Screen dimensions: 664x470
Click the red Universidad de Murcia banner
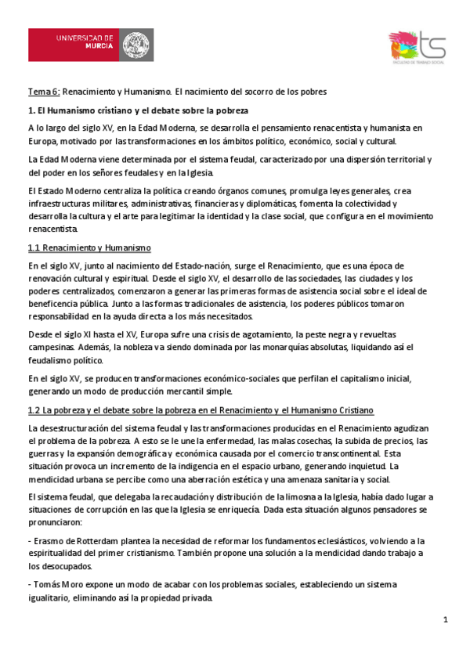(x=90, y=46)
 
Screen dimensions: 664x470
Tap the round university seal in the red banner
(x=137, y=46)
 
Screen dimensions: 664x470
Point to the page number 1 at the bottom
(x=445, y=620)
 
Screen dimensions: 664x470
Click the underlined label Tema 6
(x=43, y=92)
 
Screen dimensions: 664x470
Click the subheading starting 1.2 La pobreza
(x=200, y=410)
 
